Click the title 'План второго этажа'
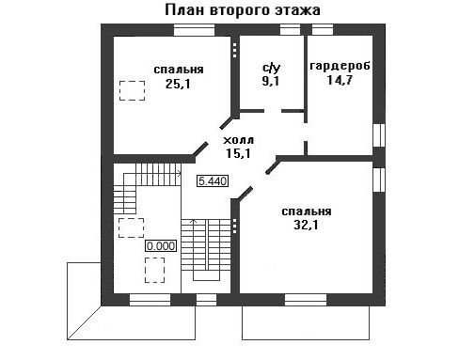pos(243,10)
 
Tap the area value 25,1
pos(178,84)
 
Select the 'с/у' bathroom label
pos(271,68)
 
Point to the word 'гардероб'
pos(340,66)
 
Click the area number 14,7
pos(340,80)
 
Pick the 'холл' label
pos(238,140)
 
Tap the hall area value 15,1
pos(238,153)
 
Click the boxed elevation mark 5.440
pos(213,181)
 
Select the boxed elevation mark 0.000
pos(161,246)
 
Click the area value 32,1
pos(306,225)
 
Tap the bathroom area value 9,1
pos(271,82)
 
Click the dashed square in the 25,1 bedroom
pos(132,90)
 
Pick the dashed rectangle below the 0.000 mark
pos(154,270)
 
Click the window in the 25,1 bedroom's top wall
pos(194,30)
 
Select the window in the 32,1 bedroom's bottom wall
pos(306,300)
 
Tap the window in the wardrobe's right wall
pos(379,135)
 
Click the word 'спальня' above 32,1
pos(307,211)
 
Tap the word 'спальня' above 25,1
pos(179,70)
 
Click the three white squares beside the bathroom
pos(235,50)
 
